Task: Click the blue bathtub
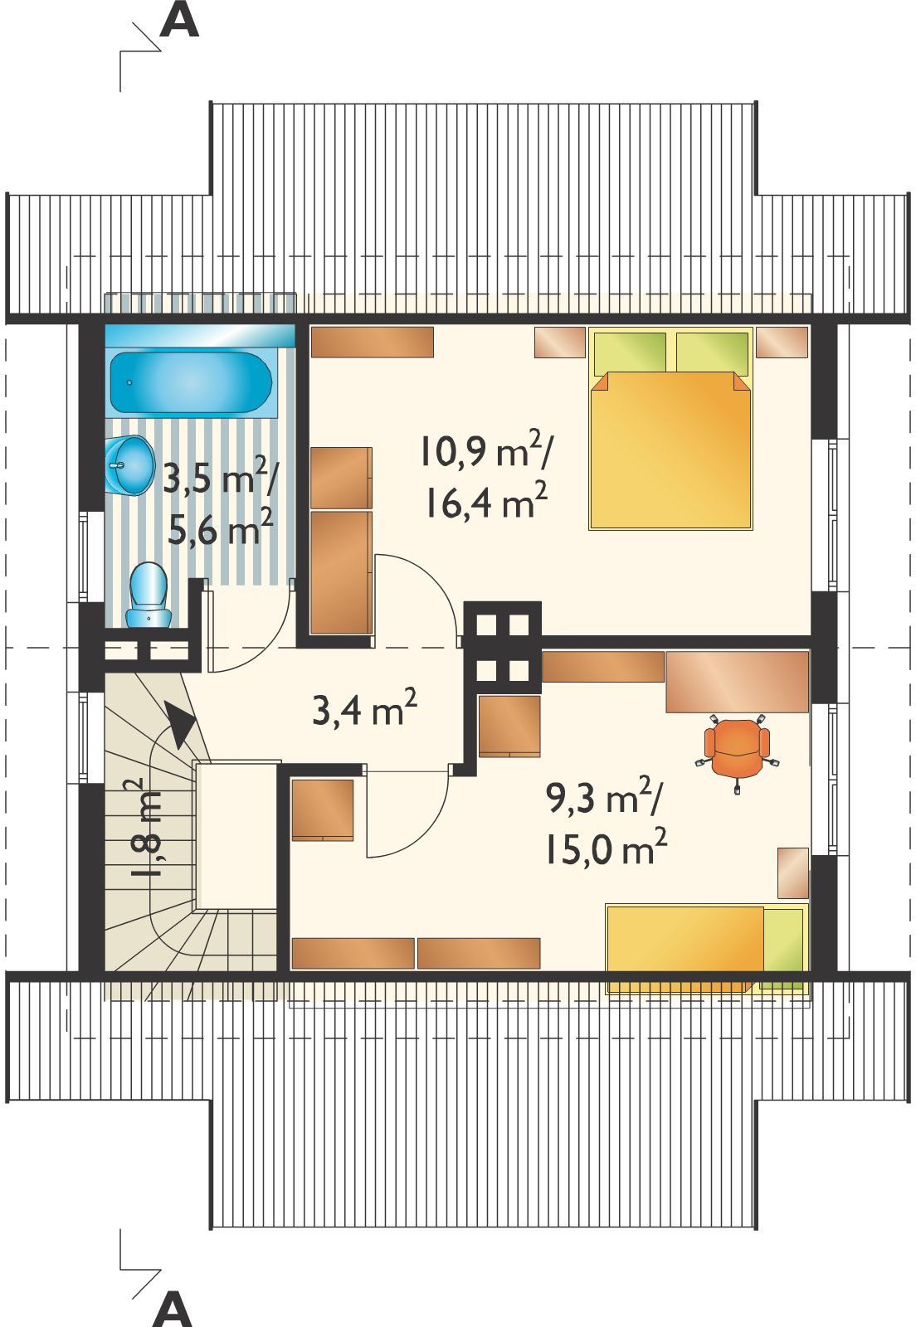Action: (192, 382)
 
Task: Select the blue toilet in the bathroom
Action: (148, 595)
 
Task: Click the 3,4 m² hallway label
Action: (363, 707)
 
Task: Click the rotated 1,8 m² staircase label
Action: (138, 828)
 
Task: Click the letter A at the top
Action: (179, 20)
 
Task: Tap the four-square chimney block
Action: (503, 647)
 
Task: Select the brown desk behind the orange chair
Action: (737, 681)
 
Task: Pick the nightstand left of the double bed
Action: (560, 343)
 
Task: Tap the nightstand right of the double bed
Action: (782, 343)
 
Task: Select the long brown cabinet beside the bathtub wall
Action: (373, 342)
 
